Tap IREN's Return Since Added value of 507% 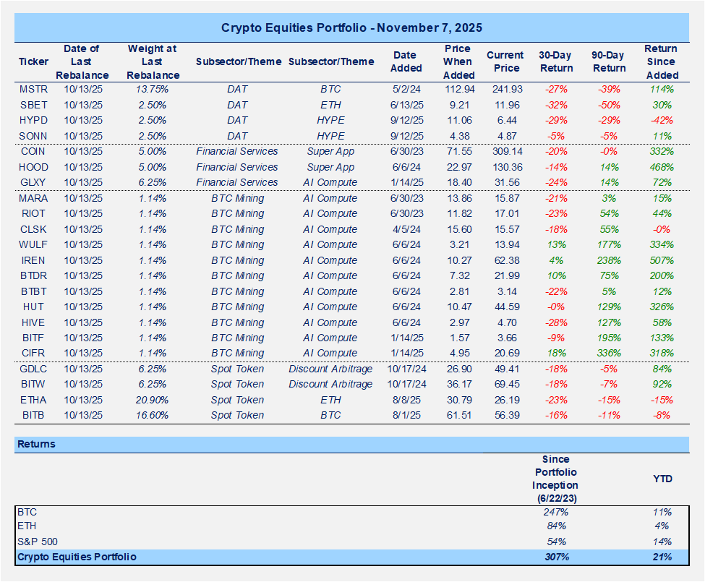tap(662, 260)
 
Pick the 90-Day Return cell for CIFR tap(609, 354)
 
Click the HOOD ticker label tap(33, 167)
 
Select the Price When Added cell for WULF tap(458, 244)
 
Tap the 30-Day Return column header tap(555, 61)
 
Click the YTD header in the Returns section tap(662, 478)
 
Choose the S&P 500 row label tap(38, 542)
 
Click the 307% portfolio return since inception tap(555, 557)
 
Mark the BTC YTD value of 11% tap(662, 510)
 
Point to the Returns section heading tap(36, 444)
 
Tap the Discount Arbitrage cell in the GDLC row tap(330, 369)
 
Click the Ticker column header tap(33, 61)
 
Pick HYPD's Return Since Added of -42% tap(662, 120)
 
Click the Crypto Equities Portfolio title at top tap(352, 28)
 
